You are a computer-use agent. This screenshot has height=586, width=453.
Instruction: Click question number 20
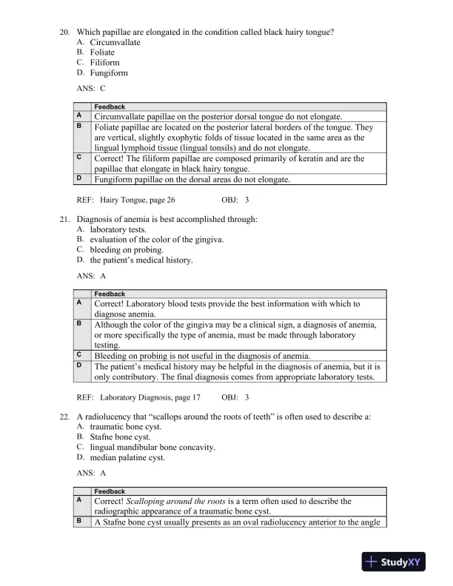64,32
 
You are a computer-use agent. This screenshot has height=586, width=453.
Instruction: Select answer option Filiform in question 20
104,63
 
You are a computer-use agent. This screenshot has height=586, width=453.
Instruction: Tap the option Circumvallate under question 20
115,42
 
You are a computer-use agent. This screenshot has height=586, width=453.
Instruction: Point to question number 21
64,219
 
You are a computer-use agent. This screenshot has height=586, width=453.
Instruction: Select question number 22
64,417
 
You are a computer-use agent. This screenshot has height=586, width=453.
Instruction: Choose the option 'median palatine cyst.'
124,458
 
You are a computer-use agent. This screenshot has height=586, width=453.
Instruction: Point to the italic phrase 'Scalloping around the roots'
178,501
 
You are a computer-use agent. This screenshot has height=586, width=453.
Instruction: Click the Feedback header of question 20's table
109,107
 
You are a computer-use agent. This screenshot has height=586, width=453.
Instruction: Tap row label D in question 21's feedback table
79,366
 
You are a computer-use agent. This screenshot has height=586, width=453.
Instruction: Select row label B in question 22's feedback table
79,521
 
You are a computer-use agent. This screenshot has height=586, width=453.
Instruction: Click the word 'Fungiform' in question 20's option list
109,73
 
